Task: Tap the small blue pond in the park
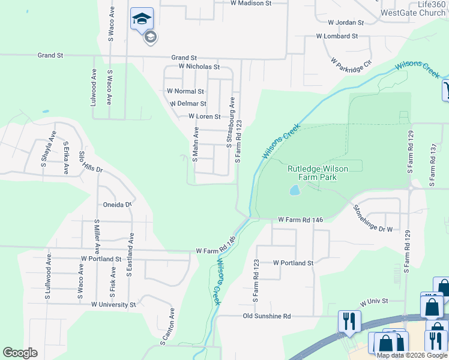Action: pos(294,191)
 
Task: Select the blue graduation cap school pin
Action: pos(142,19)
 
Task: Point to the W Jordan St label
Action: pos(346,22)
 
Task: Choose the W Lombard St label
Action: pos(337,36)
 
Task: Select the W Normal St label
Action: pos(185,91)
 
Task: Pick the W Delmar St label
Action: pos(188,104)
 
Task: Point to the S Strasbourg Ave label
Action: pos(229,123)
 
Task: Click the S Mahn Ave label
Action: pos(194,144)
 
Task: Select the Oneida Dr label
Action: pos(117,205)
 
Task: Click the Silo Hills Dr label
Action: pos(91,161)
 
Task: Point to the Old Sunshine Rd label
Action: pos(267,316)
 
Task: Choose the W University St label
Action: pos(113,305)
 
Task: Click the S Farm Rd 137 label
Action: pos(432,163)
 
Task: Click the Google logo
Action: pos(20,353)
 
